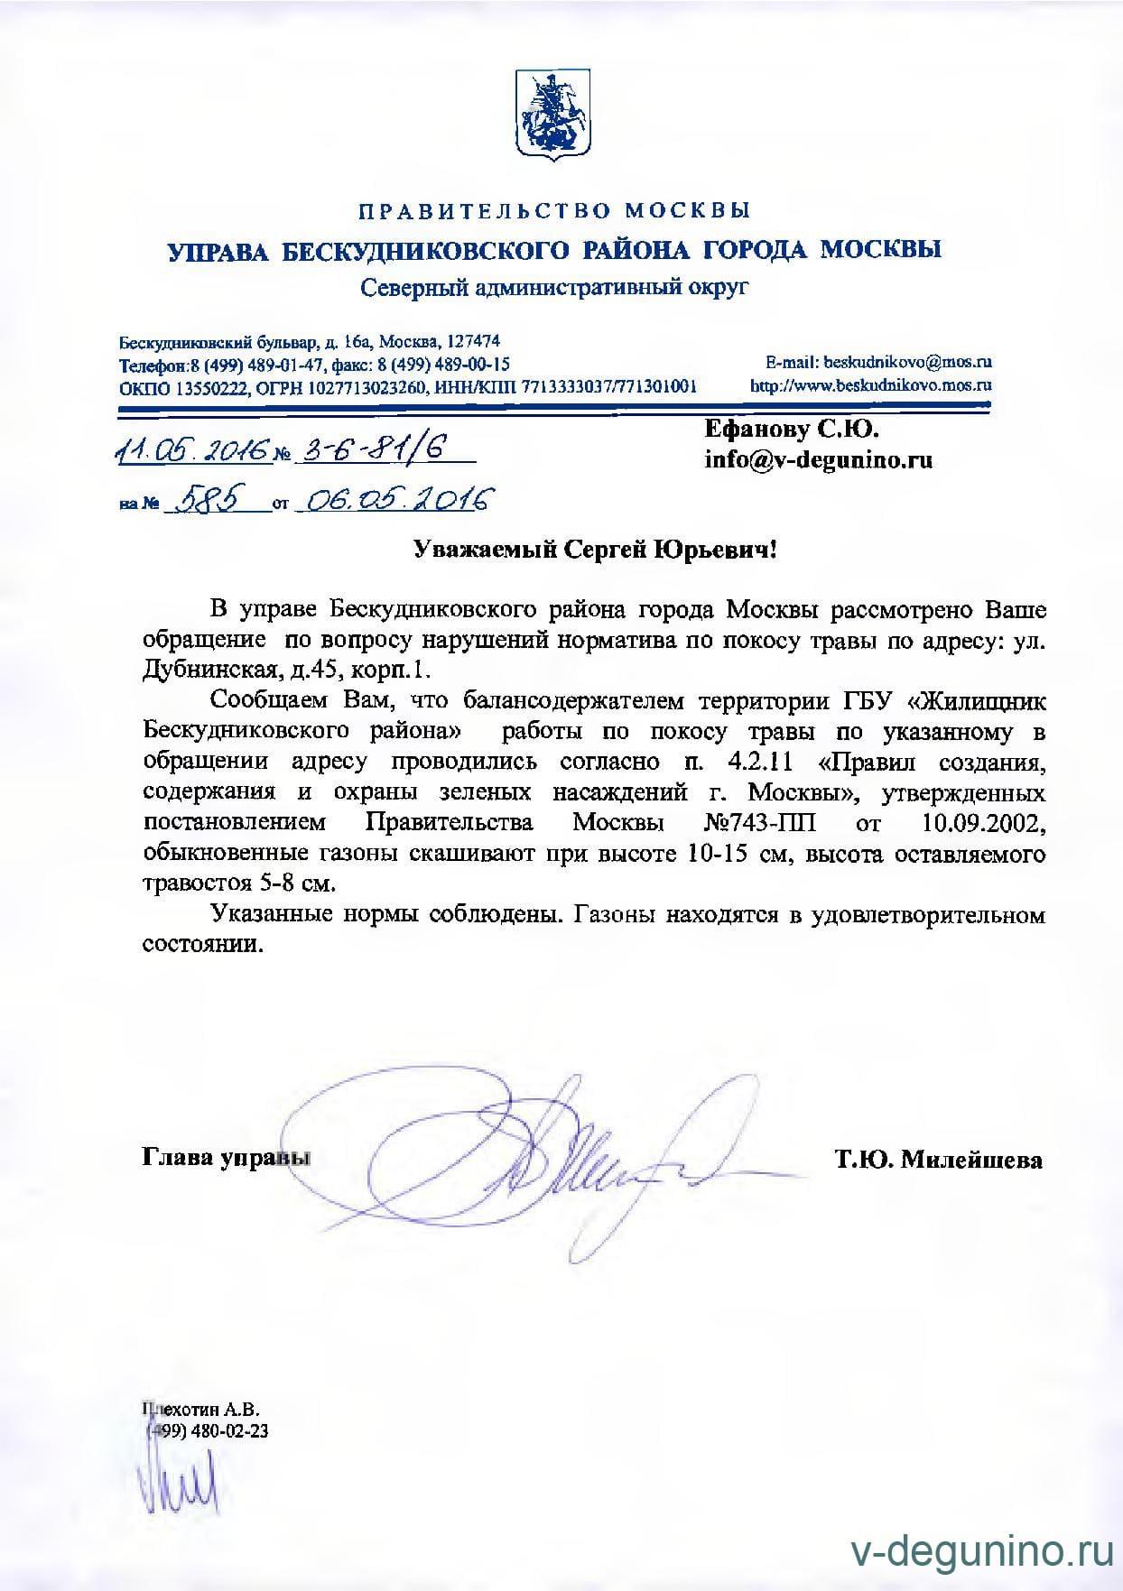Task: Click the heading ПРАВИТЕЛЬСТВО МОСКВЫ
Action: pos(554,211)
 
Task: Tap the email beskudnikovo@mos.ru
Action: pos(905,362)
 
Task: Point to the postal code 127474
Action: pos(473,341)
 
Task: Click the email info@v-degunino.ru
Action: pos(818,460)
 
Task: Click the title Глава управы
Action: pos(221,1158)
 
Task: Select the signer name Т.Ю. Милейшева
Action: pos(939,1160)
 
